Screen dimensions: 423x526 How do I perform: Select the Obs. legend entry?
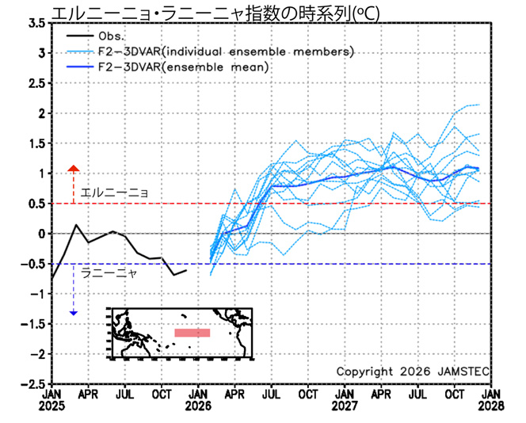click(x=112, y=36)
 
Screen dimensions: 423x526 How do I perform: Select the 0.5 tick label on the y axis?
click(x=35, y=204)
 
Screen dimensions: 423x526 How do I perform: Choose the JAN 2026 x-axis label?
click(x=198, y=399)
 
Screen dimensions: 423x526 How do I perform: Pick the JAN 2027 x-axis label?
click(x=345, y=399)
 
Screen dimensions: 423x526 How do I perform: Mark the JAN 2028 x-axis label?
click(x=492, y=399)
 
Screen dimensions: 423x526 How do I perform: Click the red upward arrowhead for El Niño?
click(x=74, y=169)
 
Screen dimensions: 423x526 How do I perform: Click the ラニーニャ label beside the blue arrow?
click(x=109, y=272)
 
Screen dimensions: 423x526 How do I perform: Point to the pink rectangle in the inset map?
click(x=192, y=333)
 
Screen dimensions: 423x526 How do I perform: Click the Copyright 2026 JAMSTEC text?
click(x=412, y=372)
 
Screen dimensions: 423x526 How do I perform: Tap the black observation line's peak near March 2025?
click(x=77, y=225)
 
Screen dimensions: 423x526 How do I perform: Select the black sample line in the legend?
click(x=77, y=36)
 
